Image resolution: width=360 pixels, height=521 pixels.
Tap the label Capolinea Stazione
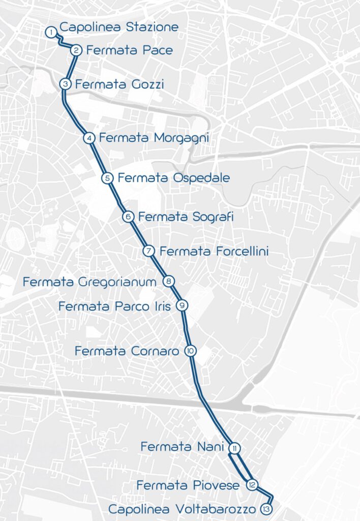click(x=119, y=27)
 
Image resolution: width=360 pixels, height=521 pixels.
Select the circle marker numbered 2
click(x=76, y=50)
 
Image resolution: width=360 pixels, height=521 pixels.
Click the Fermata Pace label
click(x=129, y=50)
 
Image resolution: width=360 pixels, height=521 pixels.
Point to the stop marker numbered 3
click(x=65, y=84)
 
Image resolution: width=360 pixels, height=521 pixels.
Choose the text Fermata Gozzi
click(x=119, y=84)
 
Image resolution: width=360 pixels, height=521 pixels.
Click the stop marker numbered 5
click(x=107, y=178)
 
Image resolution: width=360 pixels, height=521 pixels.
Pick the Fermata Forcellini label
click(x=214, y=251)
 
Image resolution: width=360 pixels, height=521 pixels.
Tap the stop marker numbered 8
click(x=169, y=281)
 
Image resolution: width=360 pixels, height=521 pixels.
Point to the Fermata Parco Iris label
click(x=116, y=306)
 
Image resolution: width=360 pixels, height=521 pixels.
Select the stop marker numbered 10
click(x=190, y=351)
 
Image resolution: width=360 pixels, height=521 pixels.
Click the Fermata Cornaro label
click(x=127, y=351)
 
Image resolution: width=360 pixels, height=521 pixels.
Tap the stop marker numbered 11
click(x=234, y=448)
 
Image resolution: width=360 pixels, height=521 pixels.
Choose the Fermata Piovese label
click(x=188, y=485)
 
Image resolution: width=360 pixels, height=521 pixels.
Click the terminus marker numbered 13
click(x=265, y=509)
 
